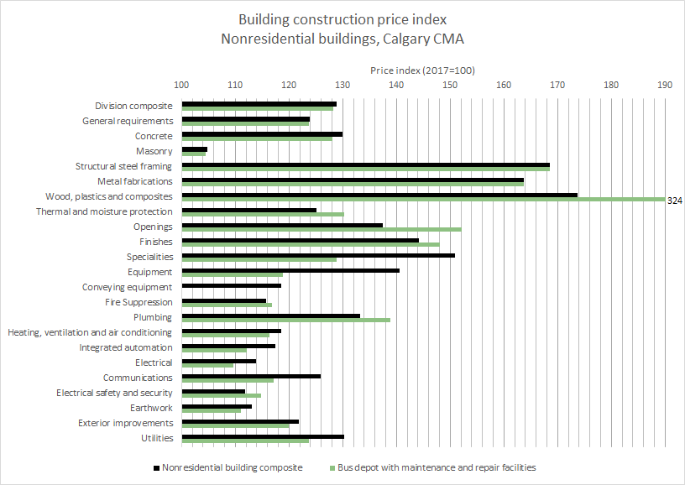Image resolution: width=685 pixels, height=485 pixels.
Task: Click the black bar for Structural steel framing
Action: (x=365, y=164)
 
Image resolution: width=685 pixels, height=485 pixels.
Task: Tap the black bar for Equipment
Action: (x=290, y=270)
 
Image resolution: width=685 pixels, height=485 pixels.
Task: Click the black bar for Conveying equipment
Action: (x=231, y=285)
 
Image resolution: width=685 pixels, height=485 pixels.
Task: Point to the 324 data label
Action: (x=674, y=201)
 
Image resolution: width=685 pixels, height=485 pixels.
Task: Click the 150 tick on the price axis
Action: (x=450, y=85)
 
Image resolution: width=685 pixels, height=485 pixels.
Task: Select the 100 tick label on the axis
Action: (x=181, y=85)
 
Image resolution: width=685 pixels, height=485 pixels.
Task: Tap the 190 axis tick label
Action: (x=665, y=85)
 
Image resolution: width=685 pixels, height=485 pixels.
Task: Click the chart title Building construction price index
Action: (x=342, y=18)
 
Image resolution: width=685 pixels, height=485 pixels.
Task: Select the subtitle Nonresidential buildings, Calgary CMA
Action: (x=342, y=38)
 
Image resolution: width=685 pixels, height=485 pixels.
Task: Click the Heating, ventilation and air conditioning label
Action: (x=90, y=332)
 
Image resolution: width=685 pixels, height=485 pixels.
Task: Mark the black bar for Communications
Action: (x=251, y=376)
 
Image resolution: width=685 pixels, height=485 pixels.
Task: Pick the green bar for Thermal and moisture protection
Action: (x=262, y=214)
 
